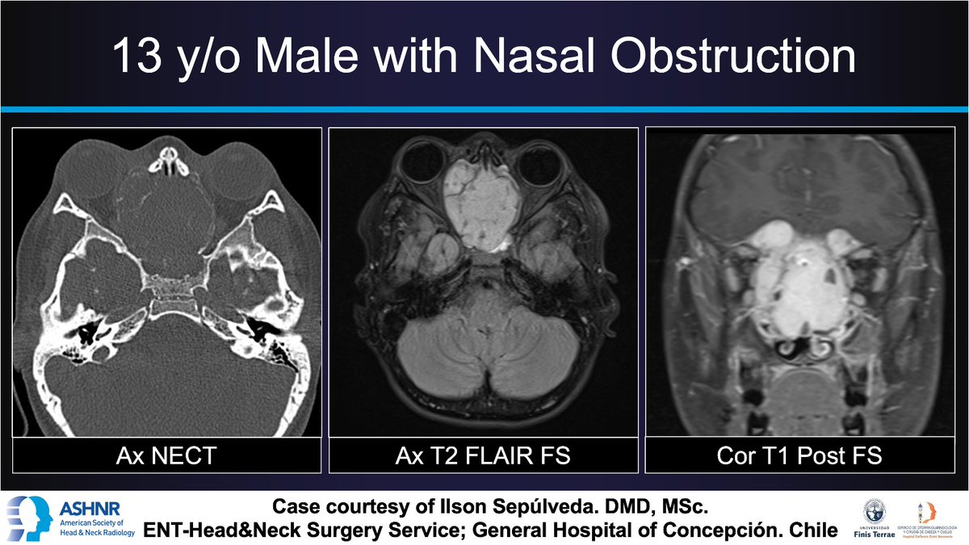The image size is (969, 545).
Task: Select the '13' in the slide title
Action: (x=136, y=58)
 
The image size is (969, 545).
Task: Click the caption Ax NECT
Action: (x=166, y=456)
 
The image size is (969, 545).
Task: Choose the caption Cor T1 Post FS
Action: (x=800, y=456)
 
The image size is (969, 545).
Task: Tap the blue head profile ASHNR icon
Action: (x=29, y=518)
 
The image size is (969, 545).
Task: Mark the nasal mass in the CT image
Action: (x=166, y=210)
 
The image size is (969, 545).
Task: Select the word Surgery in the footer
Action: (x=380, y=530)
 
